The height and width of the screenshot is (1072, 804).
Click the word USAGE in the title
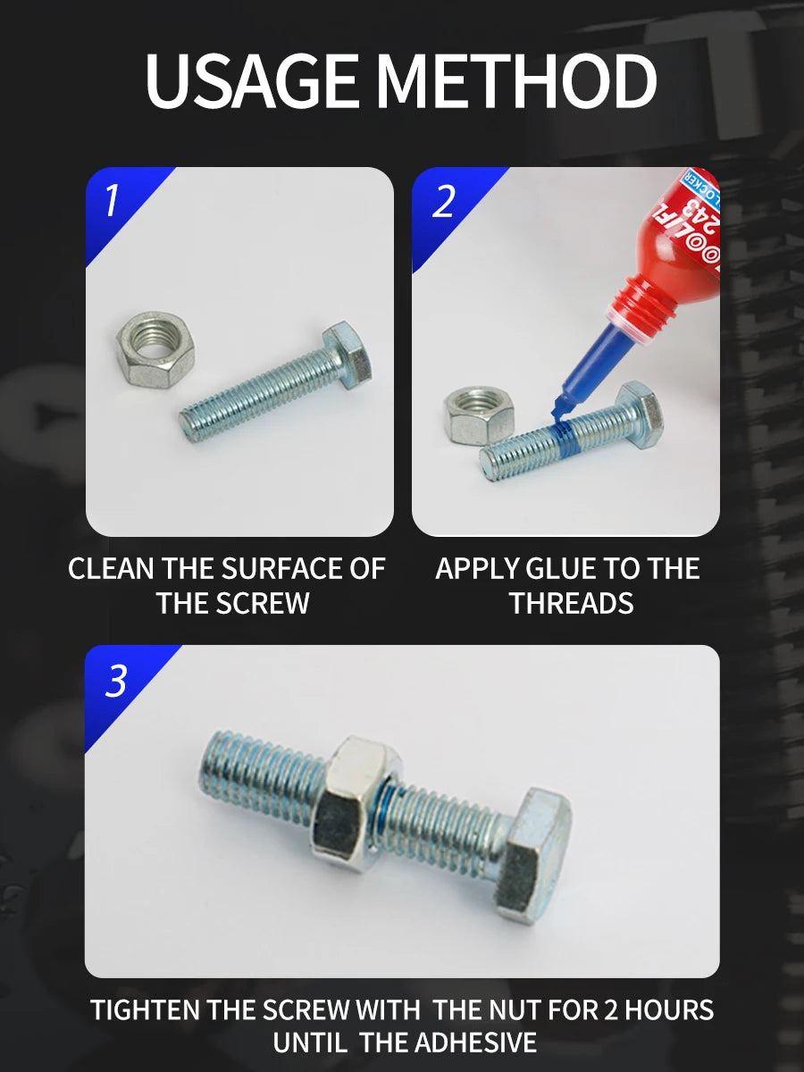255,82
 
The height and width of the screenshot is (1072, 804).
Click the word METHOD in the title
516,82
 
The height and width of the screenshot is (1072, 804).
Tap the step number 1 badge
112,200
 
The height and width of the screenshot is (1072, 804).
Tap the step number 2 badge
443,202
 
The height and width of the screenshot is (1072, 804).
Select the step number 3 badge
116,682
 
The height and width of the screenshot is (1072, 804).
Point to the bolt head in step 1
349,355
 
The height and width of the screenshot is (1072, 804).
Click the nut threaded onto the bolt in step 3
356,805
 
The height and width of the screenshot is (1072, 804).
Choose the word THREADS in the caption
571,603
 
